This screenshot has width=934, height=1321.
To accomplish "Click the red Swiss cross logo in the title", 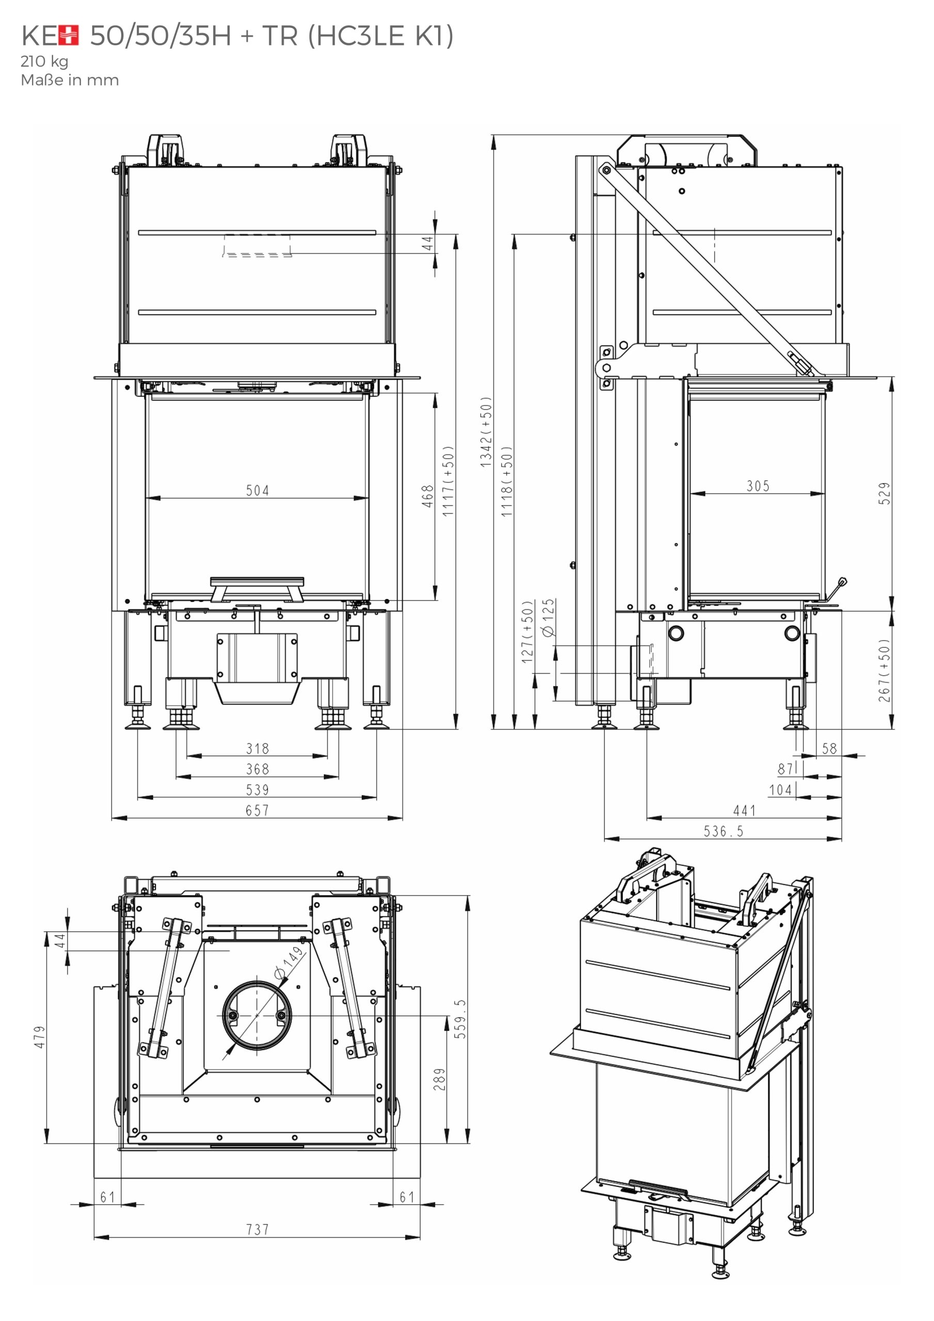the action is point(69,36).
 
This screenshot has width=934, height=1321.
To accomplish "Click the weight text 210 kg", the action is point(44,61).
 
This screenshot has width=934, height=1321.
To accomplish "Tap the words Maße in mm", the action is point(70,80).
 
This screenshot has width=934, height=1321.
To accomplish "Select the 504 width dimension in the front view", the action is point(257,490).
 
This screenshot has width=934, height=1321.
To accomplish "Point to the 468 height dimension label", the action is point(427,496).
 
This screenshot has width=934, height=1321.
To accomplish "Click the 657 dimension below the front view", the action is point(257,810).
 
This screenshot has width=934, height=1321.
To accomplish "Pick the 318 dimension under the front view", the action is point(257,748).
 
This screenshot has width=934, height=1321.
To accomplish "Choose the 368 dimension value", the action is point(257,769).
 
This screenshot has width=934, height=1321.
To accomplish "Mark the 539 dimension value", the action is point(257,790).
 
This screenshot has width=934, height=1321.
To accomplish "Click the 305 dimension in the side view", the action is point(758,486).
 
